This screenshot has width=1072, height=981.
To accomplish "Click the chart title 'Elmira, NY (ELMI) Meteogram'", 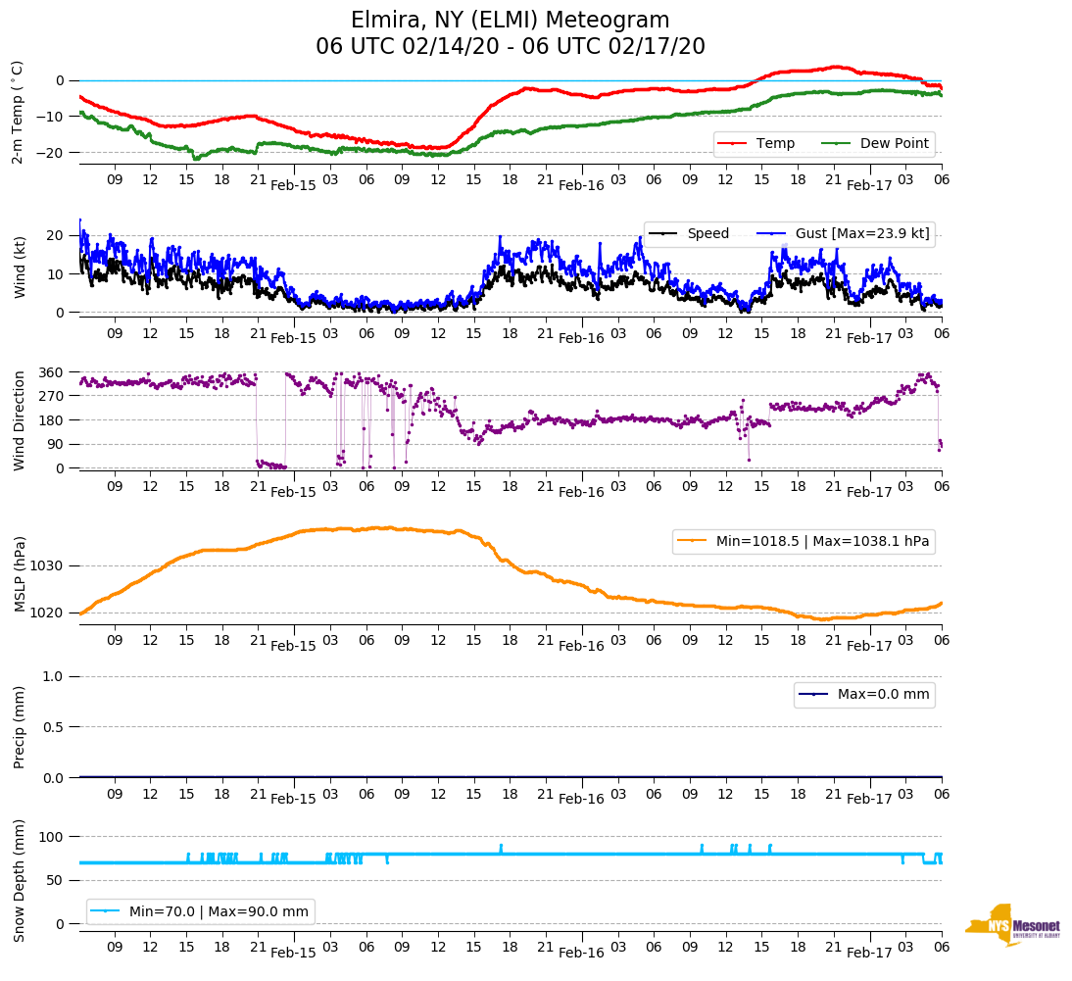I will point(511,21).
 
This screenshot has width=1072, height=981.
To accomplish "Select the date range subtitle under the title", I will point(511,47).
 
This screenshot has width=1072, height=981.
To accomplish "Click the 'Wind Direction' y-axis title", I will point(20,419).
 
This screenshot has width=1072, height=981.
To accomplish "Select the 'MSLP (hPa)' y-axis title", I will point(20,574).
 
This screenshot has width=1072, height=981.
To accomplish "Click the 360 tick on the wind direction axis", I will point(51,372).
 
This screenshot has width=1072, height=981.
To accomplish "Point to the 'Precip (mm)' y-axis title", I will point(20,726).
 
